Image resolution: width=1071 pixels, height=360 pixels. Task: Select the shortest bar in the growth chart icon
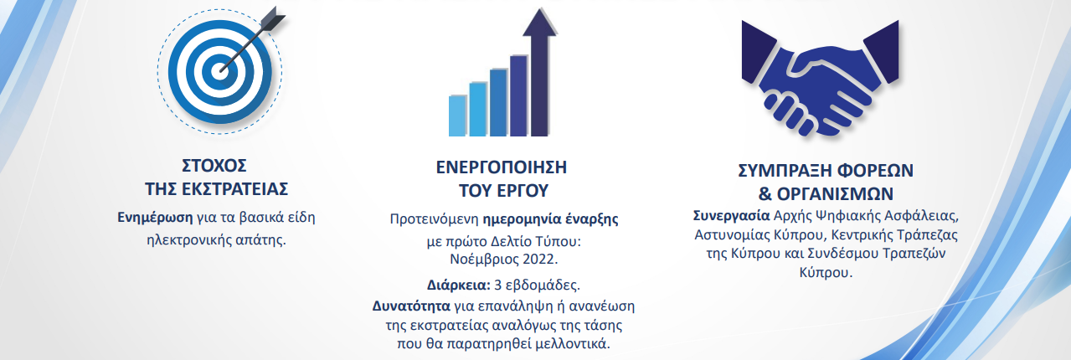point(457,115)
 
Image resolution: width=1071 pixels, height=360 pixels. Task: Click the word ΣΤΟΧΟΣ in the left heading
point(217,165)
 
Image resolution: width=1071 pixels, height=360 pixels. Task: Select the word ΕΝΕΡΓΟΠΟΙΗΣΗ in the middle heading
point(502,165)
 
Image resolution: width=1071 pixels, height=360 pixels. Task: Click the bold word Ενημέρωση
point(155,217)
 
